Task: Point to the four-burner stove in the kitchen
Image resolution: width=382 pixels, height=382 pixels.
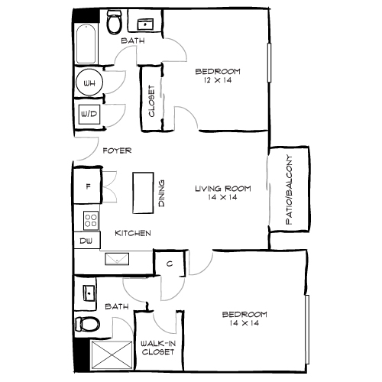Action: [91, 220]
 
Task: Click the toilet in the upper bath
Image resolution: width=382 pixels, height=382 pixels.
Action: [115, 23]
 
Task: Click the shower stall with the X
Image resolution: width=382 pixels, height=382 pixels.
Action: [108, 354]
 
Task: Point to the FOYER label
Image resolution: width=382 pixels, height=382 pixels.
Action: [118, 151]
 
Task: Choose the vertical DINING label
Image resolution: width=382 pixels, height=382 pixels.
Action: [161, 195]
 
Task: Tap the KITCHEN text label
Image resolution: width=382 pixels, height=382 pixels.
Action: [131, 232]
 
